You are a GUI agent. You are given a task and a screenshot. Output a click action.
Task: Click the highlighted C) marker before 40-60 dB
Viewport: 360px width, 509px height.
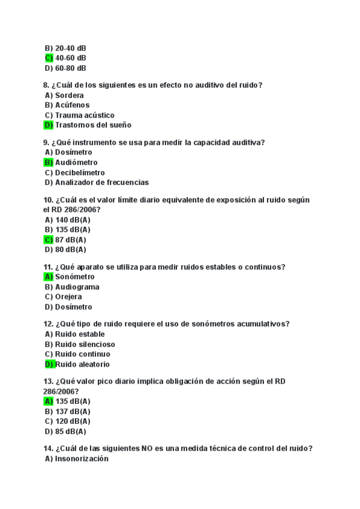pyautogui.click(x=49, y=58)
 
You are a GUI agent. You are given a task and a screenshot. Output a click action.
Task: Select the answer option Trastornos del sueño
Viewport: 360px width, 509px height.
pyautogui.click(x=93, y=125)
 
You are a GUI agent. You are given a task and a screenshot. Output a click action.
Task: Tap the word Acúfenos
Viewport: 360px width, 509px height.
pyautogui.click(x=72, y=105)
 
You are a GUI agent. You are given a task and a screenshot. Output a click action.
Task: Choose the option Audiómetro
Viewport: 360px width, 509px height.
pyautogui.click(x=76, y=162)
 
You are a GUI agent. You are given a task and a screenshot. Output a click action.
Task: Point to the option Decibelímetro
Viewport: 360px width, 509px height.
pyautogui.click(x=80, y=172)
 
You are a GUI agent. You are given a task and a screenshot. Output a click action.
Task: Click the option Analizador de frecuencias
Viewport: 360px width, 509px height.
pyautogui.click(x=102, y=182)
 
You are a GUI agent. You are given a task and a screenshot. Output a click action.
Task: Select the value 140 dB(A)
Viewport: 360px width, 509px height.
pyautogui.click(x=73, y=220)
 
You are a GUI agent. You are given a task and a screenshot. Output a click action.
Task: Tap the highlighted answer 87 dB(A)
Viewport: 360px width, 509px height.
pyautogui.click(x=71, y=239)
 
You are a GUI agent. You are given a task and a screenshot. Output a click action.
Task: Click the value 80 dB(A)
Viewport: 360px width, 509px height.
pyautogui.click(x=71, y=250)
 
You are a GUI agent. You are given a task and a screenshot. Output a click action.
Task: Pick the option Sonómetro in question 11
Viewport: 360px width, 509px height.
pyautogui.click(x=75, y=277)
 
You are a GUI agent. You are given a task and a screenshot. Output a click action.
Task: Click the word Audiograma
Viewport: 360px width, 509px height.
pyautogui.click(x=77, y=287)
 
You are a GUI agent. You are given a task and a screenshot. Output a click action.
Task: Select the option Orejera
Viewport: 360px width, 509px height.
pyautogui.click(x=68, y=297)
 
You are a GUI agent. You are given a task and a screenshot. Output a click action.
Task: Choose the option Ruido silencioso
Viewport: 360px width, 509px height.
pyautogui.click(x=85, y=345)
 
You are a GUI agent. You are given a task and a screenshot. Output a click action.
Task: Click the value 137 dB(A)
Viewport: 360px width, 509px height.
pyautogui.click(x=73, y=411)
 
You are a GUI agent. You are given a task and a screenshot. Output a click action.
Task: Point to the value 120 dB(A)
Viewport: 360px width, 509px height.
pyautogui.click(x=73, y=421)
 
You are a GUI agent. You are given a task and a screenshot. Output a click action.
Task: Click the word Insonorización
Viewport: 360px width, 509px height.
pyautogui.click(x=82, y=459)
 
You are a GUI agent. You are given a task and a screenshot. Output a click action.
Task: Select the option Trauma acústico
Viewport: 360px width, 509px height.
pyautogui.click(x=85, y=115)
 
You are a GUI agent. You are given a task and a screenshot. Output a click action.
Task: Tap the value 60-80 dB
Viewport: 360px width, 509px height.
pyautogui.click(x=71, y=68)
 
